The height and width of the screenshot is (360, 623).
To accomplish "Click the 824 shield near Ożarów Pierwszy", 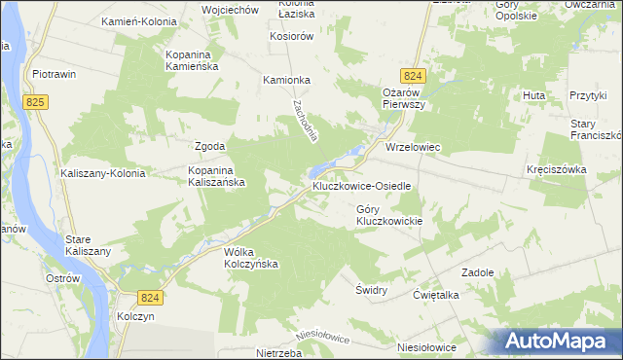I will pos(413,75).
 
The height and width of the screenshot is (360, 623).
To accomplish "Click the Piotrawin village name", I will pos(55,74).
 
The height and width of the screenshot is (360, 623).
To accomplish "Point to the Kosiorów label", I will pos(291,36).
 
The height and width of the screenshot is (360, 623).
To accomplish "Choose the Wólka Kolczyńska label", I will pos(251,258).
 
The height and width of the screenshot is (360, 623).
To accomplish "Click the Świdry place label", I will pos(372,290).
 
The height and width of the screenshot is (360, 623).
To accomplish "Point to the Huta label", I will pos(533,95).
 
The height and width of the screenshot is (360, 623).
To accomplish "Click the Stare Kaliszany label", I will pos(88,245).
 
